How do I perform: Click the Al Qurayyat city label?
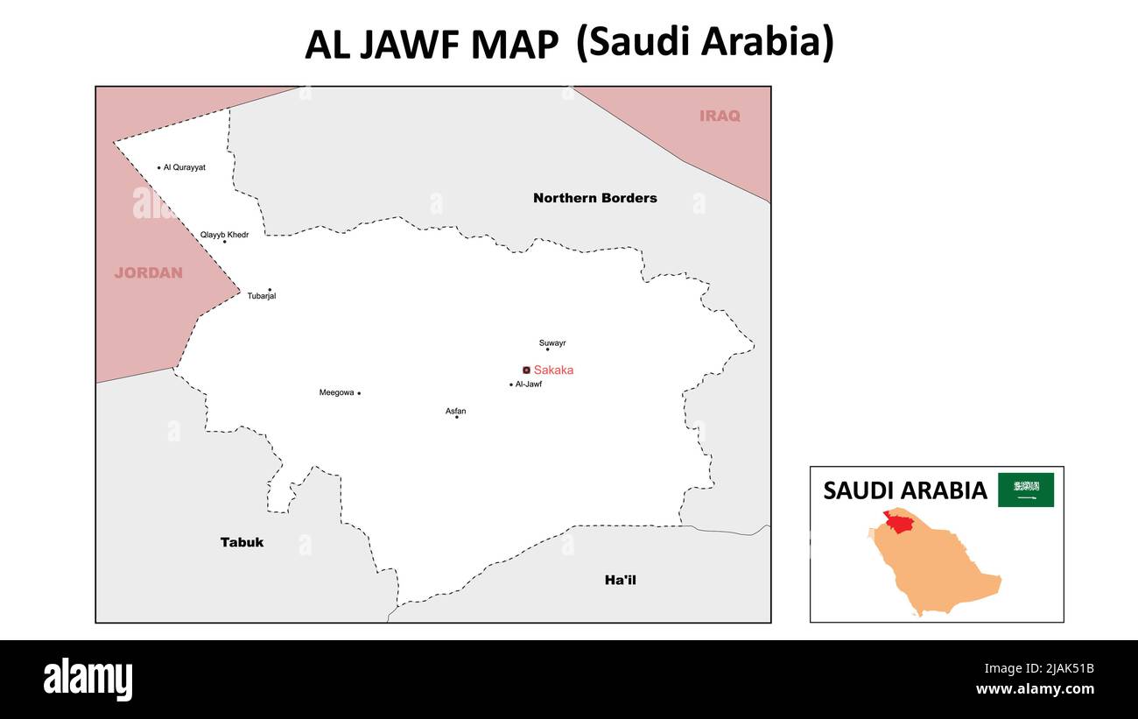click(x=184, y=167)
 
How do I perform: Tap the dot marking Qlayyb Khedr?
click(x=224, y=242)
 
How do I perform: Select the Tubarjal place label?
click(x=261, y=296)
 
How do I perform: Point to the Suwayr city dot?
click(x=548, y=349)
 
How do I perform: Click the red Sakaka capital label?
click(x=553, y=370)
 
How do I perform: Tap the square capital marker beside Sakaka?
click(x=526, y=370)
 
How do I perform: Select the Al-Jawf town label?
click(x=529, y=384)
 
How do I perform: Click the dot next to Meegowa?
click(x=359, y=393)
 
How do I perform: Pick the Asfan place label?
click(x=455, y=411)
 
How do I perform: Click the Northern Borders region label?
click(x=594, y=198)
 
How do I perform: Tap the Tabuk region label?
click(x=242, y=542)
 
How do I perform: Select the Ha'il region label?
click(x=620, y=580)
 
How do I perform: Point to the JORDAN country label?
click(x=148, y=272)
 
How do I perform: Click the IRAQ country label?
click(x=719, y=116)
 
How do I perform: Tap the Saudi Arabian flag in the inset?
click(x=1026, y=490)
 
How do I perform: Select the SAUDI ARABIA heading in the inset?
click(x=904, y=490)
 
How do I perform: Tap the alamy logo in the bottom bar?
click(x=88, y=680)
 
